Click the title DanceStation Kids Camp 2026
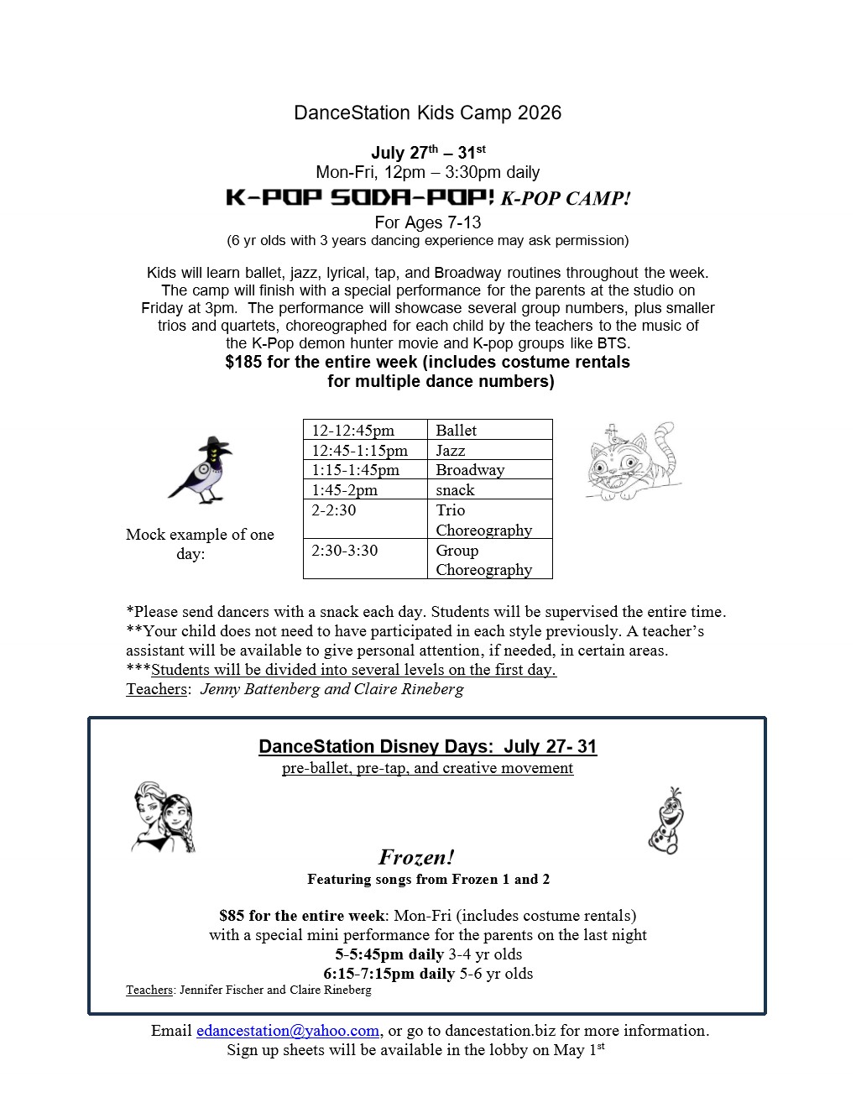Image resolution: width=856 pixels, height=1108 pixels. [x=427, y=112]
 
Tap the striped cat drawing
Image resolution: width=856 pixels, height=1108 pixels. [x=631, y=463]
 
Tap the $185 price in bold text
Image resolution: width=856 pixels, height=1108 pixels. [x=243, y=363]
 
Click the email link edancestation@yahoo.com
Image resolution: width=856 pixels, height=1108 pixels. [x=288, y=1031]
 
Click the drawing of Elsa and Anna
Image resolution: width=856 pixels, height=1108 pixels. [x=163, y=818]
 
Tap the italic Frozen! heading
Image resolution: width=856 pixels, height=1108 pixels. [x=416, y=857]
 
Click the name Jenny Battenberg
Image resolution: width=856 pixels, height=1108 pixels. [x=260, y=689]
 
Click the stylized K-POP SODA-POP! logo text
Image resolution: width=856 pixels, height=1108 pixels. [x=360, y=198]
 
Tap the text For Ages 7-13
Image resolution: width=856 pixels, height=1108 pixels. [x=427, y=222]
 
